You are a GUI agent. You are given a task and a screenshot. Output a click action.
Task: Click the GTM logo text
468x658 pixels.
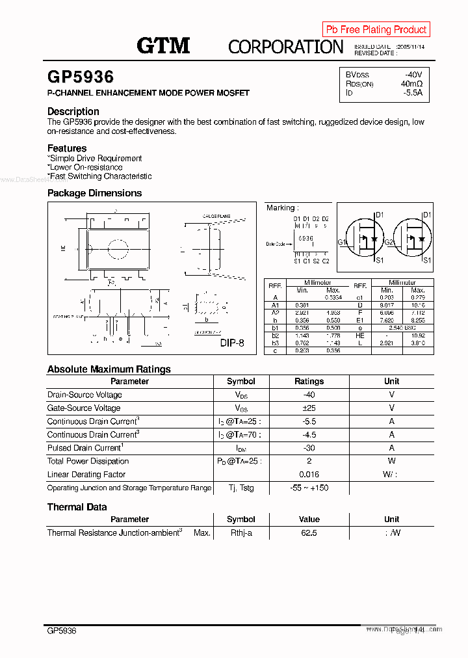pyautogui.click(x=163, y=46)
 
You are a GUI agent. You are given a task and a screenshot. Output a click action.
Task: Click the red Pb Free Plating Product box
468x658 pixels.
pyautogui.click(x=376, y=29)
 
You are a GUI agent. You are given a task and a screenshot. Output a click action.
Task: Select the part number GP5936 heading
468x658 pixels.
pyautogui.click(x=81, y=77)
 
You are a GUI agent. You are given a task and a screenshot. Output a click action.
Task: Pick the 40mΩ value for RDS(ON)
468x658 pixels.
pyautogui.click(x=411, y=84)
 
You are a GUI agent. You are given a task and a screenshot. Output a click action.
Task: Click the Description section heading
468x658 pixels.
pyautogui.click(x=73, y=111)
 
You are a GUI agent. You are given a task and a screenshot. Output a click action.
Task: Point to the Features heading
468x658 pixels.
pyautogui.click(x=67, y=148)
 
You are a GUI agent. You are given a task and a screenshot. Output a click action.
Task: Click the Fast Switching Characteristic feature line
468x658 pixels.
pyautogui.click(x=100, y=176)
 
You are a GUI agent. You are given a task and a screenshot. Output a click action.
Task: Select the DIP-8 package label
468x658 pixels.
pyautogui.click(x=231, y=343)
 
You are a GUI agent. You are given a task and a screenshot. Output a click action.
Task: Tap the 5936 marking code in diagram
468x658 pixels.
pyautogui.click(x=305, y=239)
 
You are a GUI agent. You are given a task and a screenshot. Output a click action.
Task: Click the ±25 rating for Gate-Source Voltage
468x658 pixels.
pyautogui.click(x=309, y=408)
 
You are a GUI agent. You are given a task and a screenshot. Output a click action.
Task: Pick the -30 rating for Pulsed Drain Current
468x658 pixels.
pyautogui.click(x=309, y=448)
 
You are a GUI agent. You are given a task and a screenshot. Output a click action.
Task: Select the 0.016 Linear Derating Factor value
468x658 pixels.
pyautogui.click(x=309, y=475)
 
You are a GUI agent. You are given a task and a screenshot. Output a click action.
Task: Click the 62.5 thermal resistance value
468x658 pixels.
pyautogui.click(x=309, y=533)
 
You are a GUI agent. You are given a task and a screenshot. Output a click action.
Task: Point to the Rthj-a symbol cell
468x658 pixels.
pyautogui.click(x=240, y=533)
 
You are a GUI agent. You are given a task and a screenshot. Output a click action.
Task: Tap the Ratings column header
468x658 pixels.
pyautogui.click(x=309, y=382)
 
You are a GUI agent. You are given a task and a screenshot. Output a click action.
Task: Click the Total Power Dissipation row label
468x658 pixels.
pyautogui.click(x=88, y=462)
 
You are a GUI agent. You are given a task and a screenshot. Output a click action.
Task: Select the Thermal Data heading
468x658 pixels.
pyautogui.click(x=77, y=507)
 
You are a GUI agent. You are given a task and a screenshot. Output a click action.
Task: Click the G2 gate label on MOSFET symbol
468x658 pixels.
pyautogui.click(x=389, y=243)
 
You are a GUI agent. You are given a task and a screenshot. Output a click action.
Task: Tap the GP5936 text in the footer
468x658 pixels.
pyautogui.click(x=62, y=631)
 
